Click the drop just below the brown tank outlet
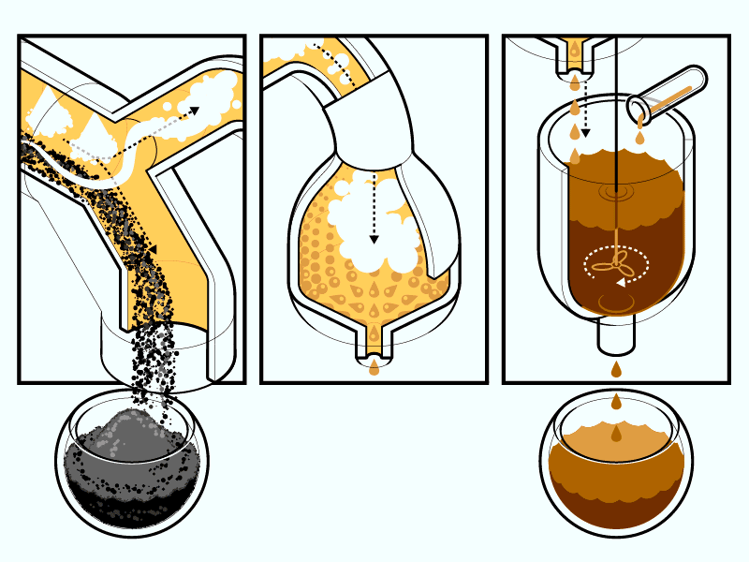(616, 370)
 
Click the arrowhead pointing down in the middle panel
(374, 240)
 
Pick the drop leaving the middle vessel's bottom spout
(374, 368)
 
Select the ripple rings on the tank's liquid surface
(616, 192)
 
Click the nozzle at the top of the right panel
(572, 56)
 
